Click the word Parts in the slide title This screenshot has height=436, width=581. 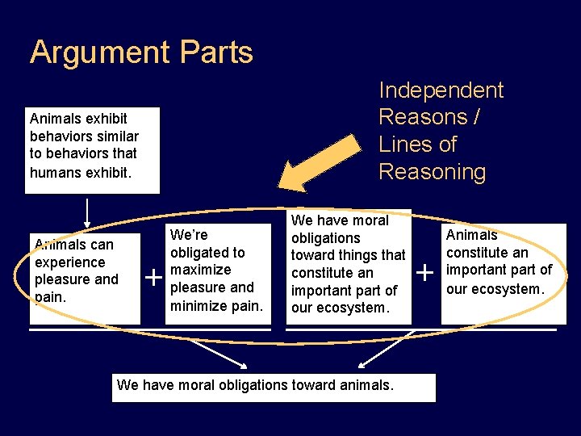point(217,53)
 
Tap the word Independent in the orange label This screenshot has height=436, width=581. point(441,90)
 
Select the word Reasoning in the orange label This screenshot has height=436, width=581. point(433,172)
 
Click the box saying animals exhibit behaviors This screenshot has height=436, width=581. point(92,150)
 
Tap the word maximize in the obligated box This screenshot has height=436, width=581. point(200,270)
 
